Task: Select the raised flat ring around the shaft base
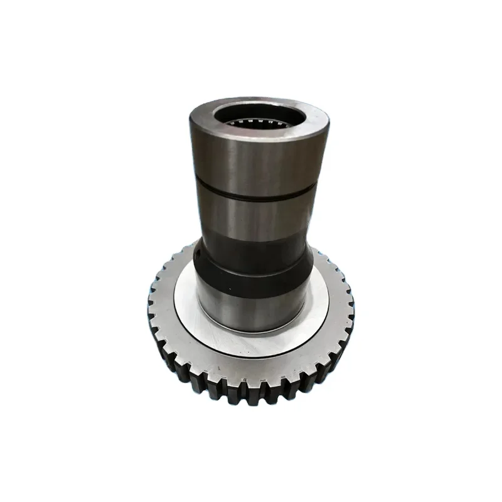(188, 314)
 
